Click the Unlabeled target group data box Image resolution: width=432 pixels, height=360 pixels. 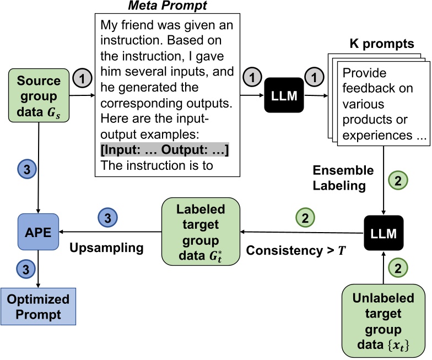point(384,321)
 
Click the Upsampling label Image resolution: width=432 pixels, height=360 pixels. point(106,248)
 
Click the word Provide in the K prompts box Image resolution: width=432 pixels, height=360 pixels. point(364,73)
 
